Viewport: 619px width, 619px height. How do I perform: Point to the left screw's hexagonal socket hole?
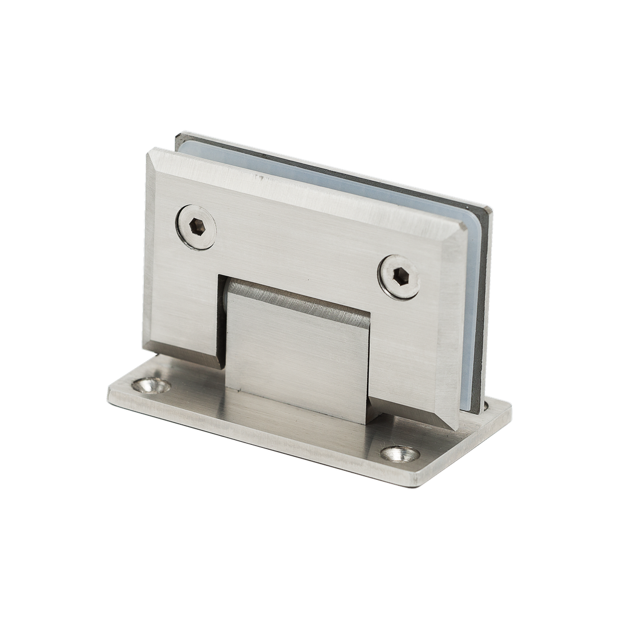point(197,227)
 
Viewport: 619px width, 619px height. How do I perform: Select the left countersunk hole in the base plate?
point(150,384)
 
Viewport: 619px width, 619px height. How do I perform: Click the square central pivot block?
point(296,357)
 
